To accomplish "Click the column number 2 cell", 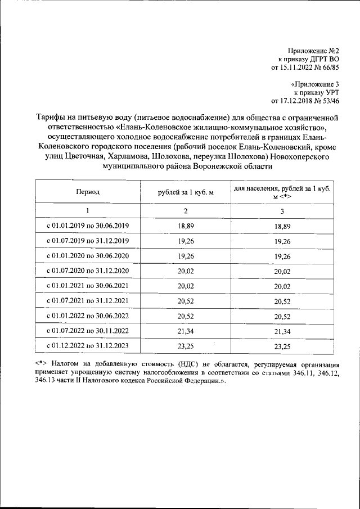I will (x=186, y=211).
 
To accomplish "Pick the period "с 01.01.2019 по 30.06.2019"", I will (x=88, y=226).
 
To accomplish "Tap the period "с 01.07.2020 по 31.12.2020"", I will (x=88, y=271).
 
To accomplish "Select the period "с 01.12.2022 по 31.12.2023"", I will (x=88, y=344).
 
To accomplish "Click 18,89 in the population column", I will (x=283, y=226).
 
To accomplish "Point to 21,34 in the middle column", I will (x=186, y=329).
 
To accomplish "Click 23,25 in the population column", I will (x=283, y=344).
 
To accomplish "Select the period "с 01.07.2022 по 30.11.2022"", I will (x=88, y=329).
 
